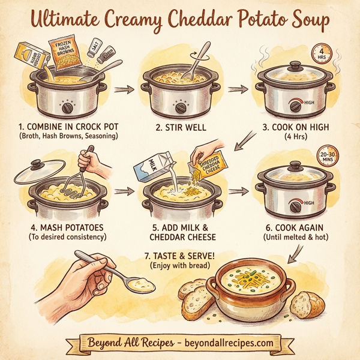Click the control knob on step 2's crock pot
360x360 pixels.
(179, 107)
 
